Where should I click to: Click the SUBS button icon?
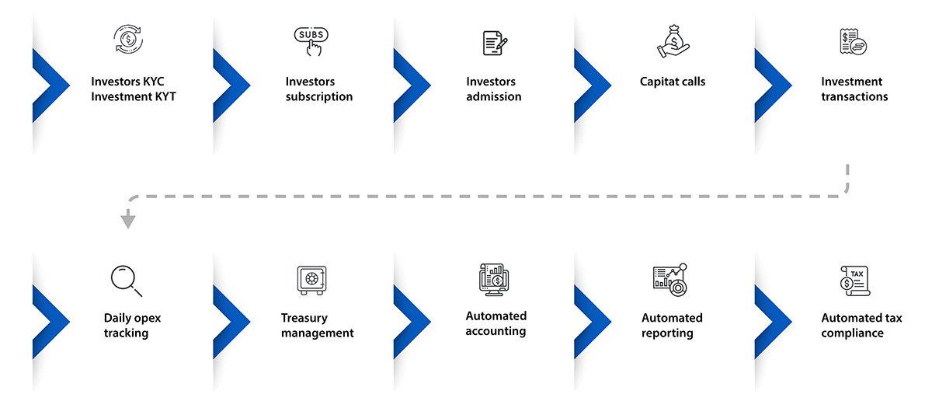[311, 41]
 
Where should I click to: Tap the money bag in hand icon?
[673, 40]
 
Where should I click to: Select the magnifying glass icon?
[127, 281]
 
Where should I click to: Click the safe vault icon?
[311, 281]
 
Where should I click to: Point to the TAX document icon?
[855, 281]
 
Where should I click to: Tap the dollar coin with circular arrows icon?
[128, 39]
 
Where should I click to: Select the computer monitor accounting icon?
[494, 279]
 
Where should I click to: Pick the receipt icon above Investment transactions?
[854, 42]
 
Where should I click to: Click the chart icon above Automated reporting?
[669, 280]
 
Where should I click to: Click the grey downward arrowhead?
[127, 219]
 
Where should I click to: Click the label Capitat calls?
[673, 82]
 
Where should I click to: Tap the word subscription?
[319, 97]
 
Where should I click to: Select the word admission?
[493, 96]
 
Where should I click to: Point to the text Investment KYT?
[134, 96]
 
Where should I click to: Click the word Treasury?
[304, 319]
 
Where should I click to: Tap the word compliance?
[853, 333]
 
